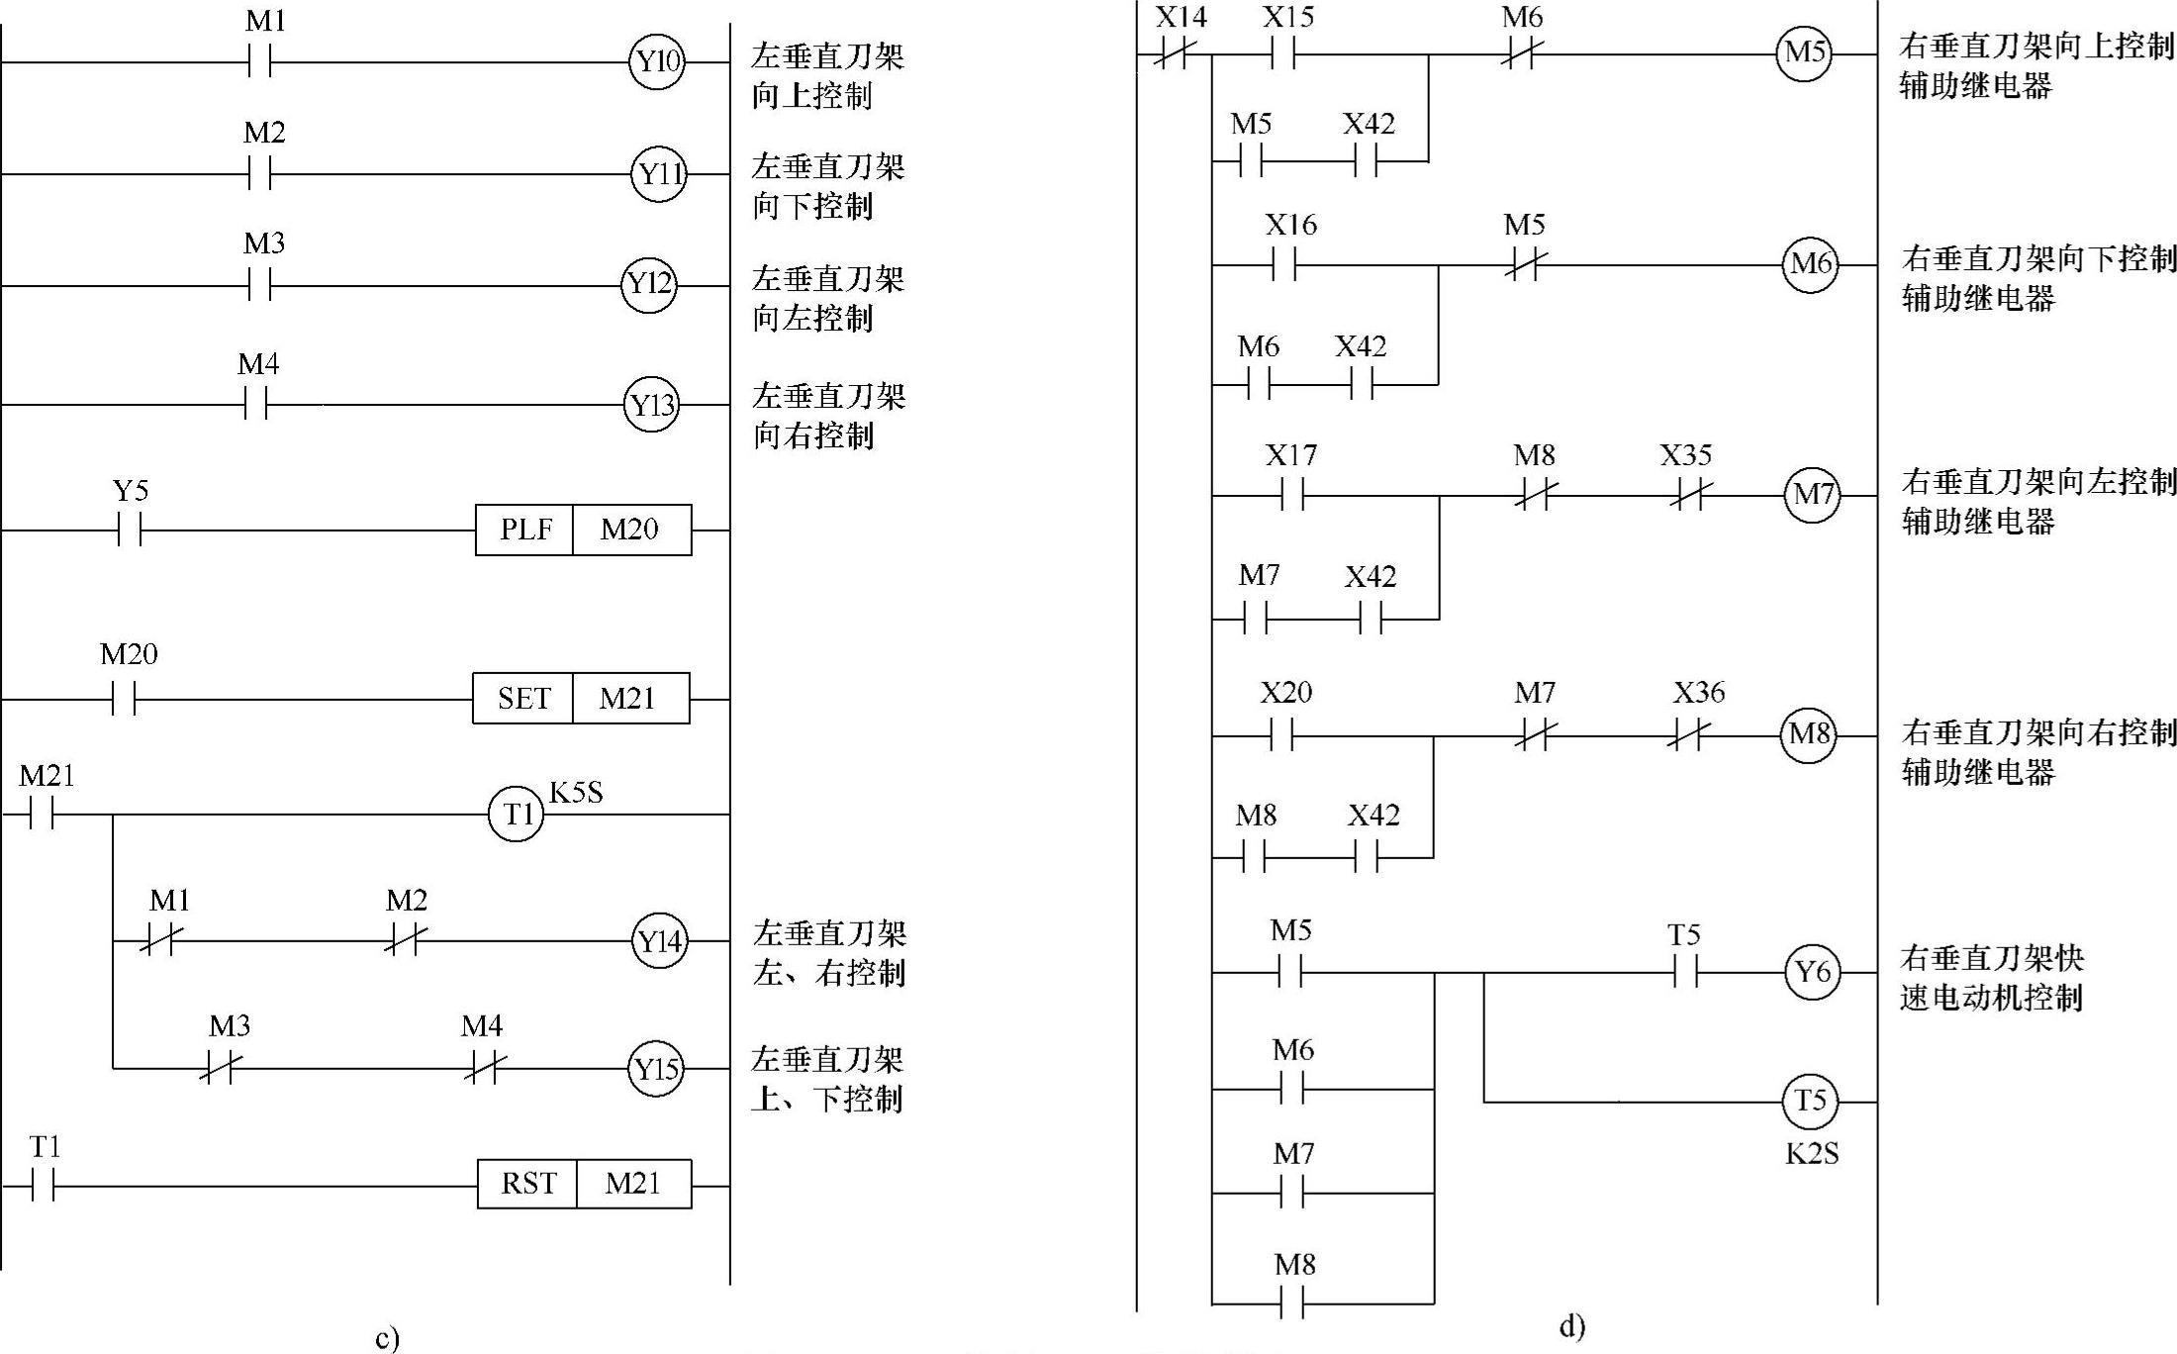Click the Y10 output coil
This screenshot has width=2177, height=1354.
[x=657, y=62]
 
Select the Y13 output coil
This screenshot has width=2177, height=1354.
[x=652, y=406]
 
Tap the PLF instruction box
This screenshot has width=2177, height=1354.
[x=525, y=530]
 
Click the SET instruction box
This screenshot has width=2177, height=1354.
[x=522, y=699]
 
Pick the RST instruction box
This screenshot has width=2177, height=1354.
[x=527, y=1184]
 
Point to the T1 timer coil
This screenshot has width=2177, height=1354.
[x=517, y=815]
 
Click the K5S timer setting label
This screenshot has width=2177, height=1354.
[x=576, y=793]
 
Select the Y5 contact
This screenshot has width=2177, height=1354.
[x=130, y=531]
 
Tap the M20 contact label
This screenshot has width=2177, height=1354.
[x=129, y=654]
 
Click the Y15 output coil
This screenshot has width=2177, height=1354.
[x=656, y=1069]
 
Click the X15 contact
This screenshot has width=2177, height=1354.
[x=1283, y=55]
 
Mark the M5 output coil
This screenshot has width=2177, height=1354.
[x=1804, y=52]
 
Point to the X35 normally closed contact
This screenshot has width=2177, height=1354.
[x=1687, y=496]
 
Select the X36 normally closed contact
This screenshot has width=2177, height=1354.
[x=1688, y=736]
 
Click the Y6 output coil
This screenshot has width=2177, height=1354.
[x=1812, y=972]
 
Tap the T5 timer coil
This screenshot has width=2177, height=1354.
[x=1810, y=1101]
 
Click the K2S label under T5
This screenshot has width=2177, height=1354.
[x=1812, y=1154]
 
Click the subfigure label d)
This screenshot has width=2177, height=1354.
[x=1572, y=1325]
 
